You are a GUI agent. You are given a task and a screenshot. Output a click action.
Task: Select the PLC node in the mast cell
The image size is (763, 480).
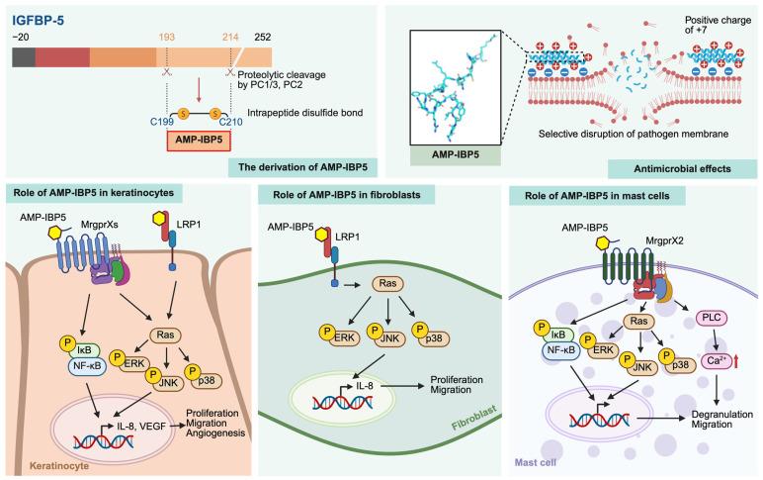click(x=686, y=320)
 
